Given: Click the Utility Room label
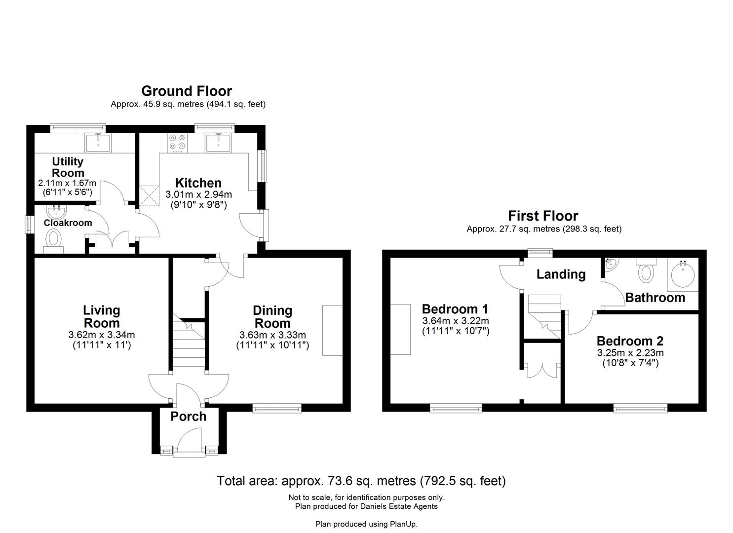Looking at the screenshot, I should (x=68, y=167).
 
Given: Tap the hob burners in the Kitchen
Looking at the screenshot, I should (x=178, y=143).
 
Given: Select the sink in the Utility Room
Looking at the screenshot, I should (x=98, y=143).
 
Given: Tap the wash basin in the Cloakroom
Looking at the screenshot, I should (x=56, y=212).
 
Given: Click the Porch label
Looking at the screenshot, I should (x=188, y=417).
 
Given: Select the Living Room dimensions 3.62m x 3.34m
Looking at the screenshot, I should (x=101, y=335).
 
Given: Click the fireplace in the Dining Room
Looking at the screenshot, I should (x=332, y=330).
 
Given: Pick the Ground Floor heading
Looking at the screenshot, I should (x=187, y=91).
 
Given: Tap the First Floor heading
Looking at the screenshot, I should (x=543, y=216).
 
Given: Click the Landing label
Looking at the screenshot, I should (x=561, y=274).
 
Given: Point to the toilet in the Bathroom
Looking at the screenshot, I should (x=646, y=271).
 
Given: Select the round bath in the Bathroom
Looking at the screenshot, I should (x=683, y=274).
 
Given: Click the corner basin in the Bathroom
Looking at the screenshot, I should (x=610, y=266).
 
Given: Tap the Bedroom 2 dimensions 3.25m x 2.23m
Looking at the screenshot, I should (x=630, y=353).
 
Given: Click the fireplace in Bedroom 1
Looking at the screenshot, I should (x=400, y=329).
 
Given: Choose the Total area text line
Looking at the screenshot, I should (x=361, y=481).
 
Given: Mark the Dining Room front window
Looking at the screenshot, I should (x=277, y=408).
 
